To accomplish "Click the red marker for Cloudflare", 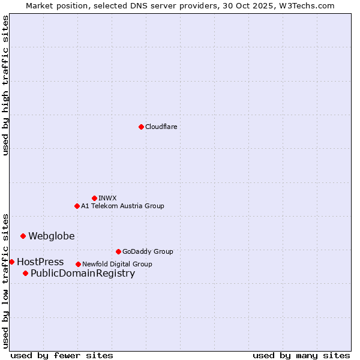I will point(141,127).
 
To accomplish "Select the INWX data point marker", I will point(94,198).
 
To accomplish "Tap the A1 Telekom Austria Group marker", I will point(77,206).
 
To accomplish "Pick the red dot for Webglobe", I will point(23,236).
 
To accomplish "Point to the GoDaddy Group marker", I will point(118,251).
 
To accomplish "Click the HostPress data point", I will point(11,262).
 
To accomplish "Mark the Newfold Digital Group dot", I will point(78,264).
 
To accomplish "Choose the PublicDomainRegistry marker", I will point(25,274).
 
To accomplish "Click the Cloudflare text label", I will point(161,127).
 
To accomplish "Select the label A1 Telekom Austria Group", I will point(122,206).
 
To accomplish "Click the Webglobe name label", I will point(52,236).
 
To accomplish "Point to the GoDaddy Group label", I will point(148,251).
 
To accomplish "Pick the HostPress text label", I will point(40,262).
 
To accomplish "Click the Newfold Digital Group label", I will point(117,264).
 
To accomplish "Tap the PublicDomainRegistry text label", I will point(83,274).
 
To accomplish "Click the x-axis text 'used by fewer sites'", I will point(62,355).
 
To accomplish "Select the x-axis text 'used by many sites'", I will point(301,355).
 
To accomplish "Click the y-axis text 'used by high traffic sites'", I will point(6,85).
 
